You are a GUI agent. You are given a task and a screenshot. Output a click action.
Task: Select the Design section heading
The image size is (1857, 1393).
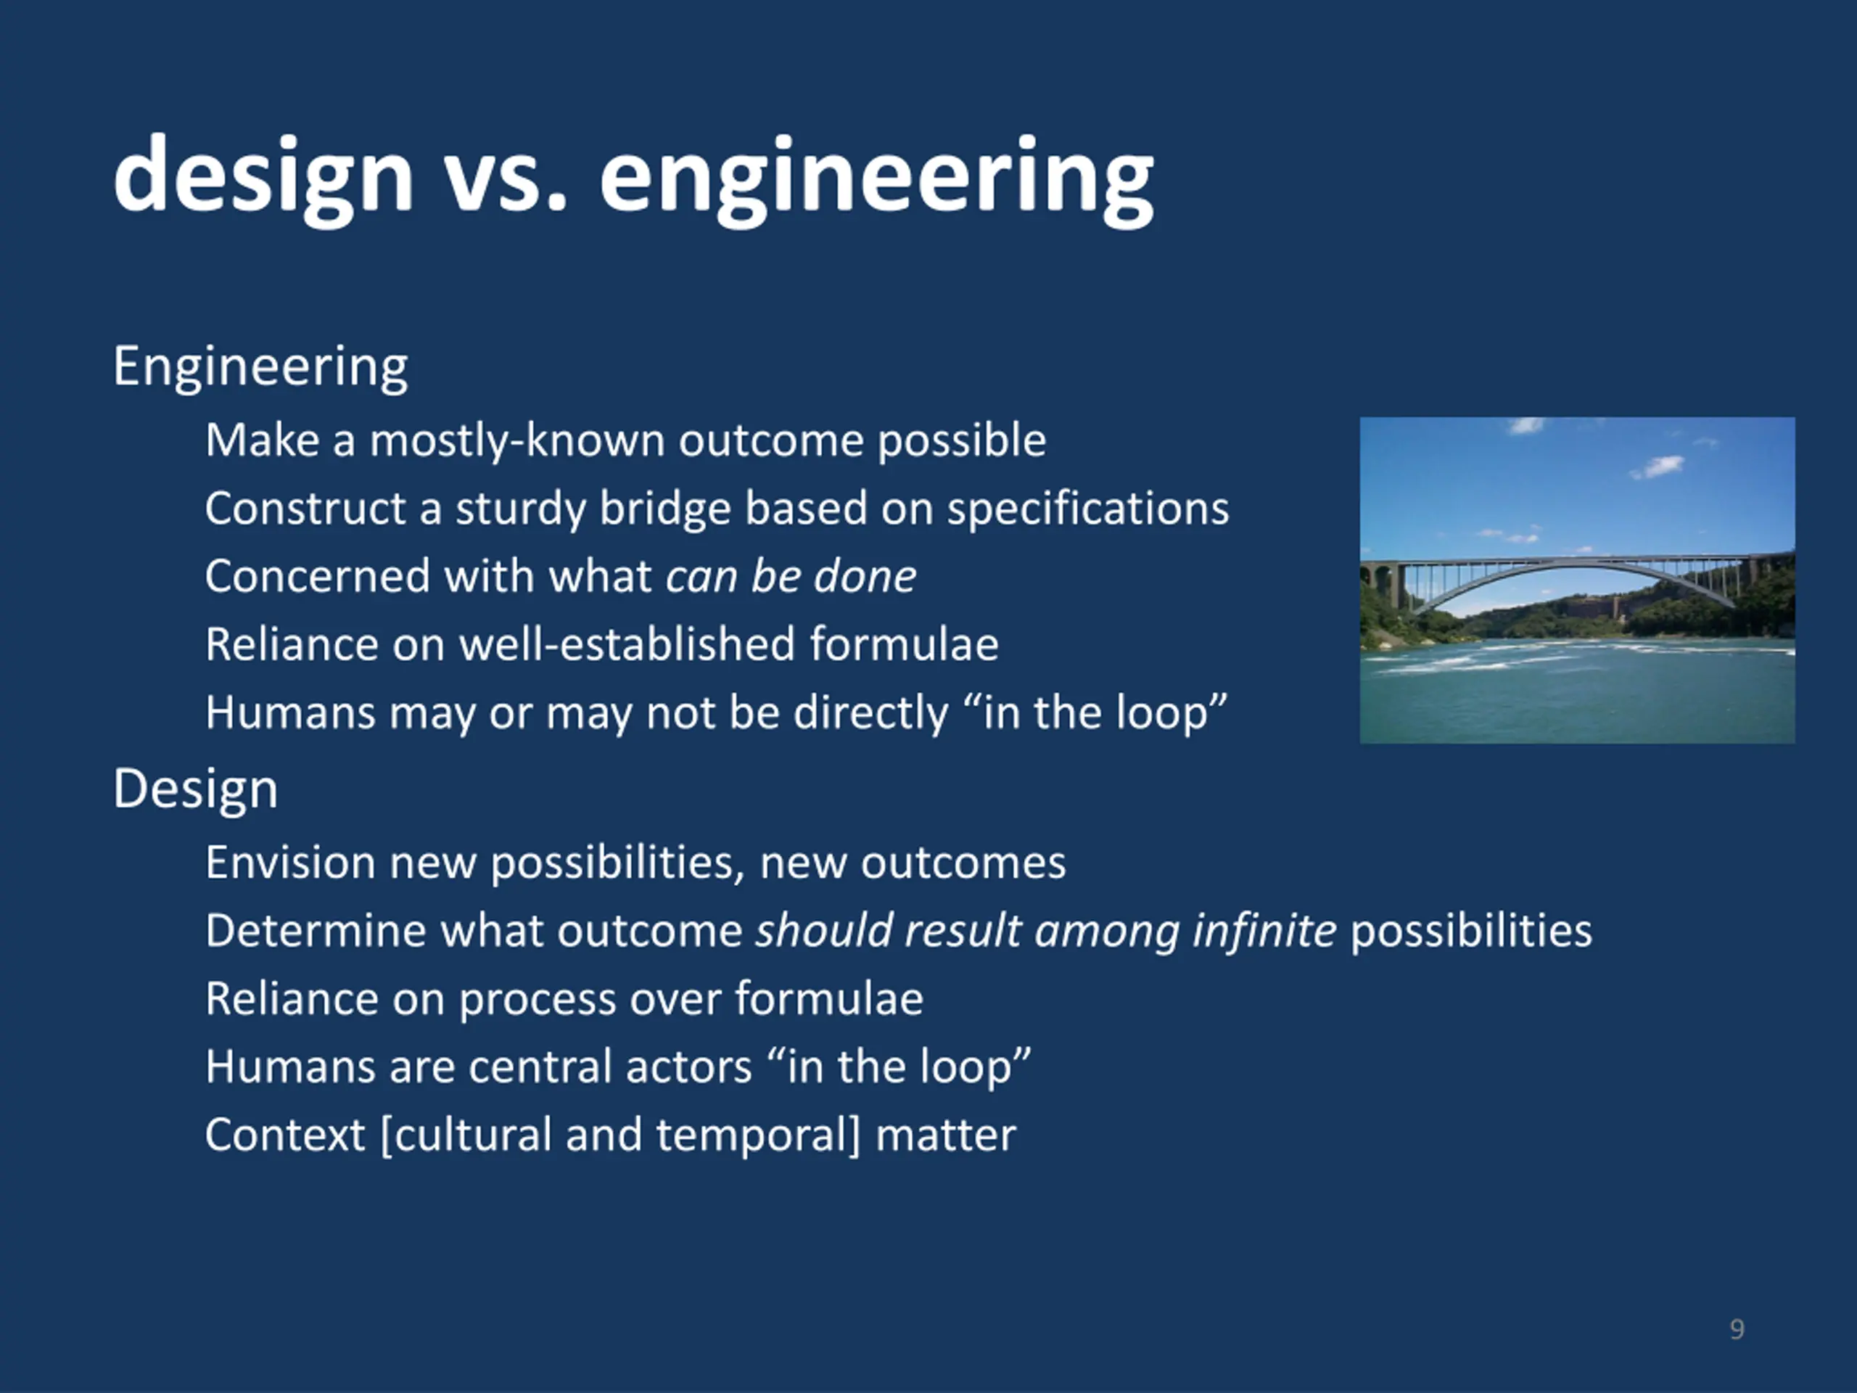(x=196, y=790)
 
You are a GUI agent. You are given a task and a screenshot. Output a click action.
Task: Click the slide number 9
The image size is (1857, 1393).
(x=1737, y=1329)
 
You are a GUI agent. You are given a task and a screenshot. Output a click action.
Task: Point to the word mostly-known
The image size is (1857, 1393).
(x=517, y=442)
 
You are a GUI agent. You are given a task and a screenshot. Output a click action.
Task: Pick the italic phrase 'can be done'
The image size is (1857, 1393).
(x=791, y=577)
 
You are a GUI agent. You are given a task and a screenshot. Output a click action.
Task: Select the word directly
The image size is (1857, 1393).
(x=870, y=714)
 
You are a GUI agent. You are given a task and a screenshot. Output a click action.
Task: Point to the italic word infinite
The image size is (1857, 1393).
(x=1264, y=930)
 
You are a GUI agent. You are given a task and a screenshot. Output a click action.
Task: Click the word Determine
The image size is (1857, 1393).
(x=316, y=931)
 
